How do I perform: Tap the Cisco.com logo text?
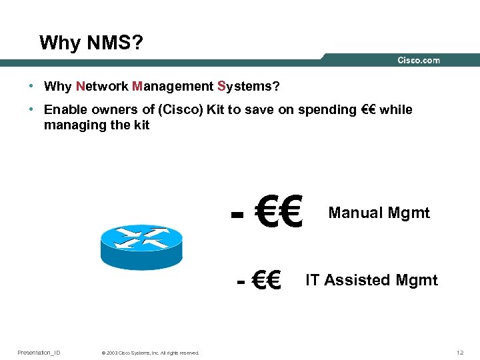pyautogui.click(x=419, y=61)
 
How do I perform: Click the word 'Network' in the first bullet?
pyautogui.click(x=102, y=87)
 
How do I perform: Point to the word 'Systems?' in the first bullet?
pyautogui.click(x=249, y=87)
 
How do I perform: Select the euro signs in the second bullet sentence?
pyautogui.click(x=367, y=110)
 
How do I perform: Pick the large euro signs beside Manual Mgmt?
pyautogui.click(x=279, y=212)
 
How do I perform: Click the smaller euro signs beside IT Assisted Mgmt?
pyautogui.click(x=267, y=280)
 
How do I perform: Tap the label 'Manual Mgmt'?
pyautogui.click(x=379, y=213)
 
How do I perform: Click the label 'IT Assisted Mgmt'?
pyautogui.click(x=371, y=280)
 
